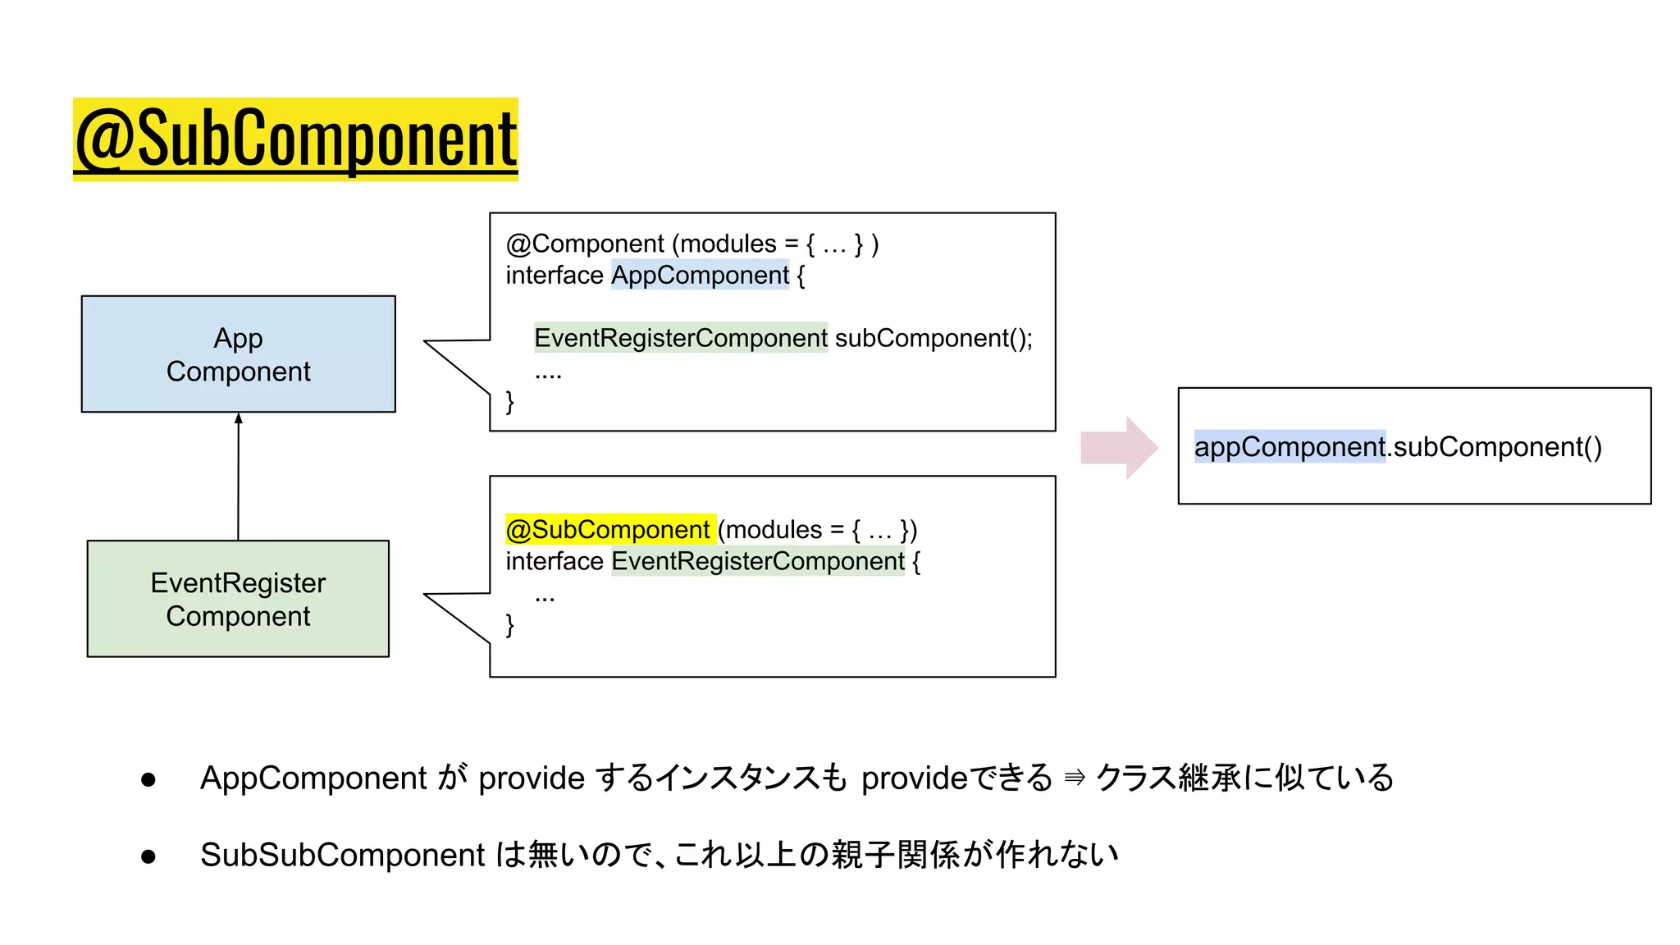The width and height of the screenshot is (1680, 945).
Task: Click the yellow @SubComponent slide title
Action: pos(295,139)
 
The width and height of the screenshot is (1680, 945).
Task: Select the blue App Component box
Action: pos(238,354)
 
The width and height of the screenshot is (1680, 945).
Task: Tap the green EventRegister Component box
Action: pos(238,599)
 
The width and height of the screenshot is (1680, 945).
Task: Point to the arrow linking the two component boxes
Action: pos(239,476)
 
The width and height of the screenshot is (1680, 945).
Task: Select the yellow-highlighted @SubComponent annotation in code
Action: pos(609,530)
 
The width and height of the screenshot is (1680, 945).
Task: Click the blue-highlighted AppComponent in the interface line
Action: pos(700,275)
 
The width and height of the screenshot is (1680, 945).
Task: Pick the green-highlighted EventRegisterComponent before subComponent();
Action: pos(680,338)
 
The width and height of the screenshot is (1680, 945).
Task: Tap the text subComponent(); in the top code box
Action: pos(934,338)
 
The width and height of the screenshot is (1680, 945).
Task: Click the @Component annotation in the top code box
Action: pos(585,244)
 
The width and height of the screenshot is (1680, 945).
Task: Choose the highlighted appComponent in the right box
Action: pos(1289,447)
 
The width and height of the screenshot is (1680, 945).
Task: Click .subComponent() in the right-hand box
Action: pos(1494,447)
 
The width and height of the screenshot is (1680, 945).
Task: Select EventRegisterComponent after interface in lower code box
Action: pos(758,561)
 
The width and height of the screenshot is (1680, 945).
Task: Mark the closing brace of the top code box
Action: pos(510,401)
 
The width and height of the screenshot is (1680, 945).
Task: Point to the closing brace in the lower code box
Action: pos(510,625)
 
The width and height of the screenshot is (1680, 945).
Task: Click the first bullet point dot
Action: pos(148,779)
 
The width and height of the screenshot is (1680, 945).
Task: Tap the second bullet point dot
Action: pos(148,856)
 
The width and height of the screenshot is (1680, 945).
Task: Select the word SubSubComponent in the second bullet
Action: pos(343,855)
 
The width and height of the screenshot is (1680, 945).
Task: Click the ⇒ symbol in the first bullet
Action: pos(1074,778)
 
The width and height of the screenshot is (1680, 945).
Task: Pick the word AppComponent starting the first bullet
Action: pos(313,778)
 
